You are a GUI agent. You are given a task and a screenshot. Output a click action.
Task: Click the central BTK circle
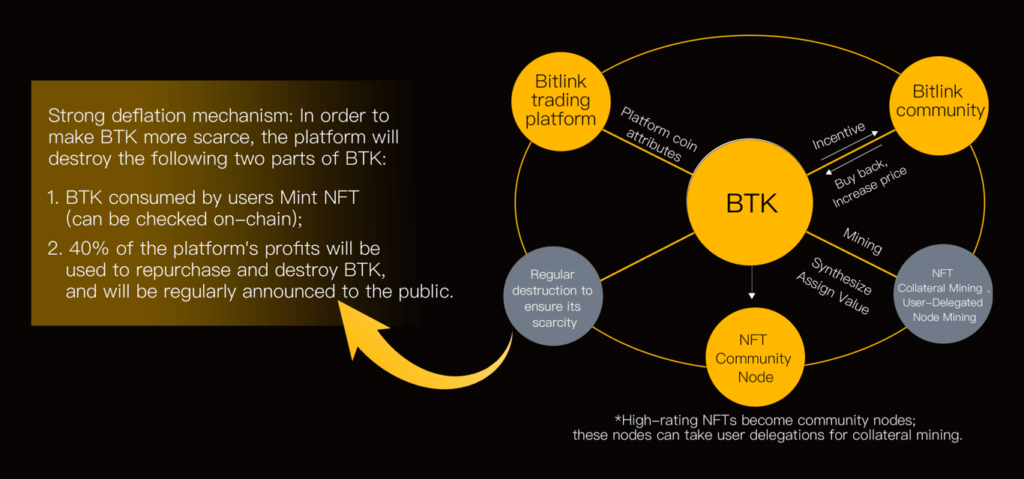pos(750,202)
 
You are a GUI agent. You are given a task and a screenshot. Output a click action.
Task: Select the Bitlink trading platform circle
pos(561,100)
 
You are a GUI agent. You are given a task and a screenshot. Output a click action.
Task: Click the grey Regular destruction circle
pos(553,298)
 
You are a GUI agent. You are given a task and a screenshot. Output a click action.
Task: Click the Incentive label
pos(838,136)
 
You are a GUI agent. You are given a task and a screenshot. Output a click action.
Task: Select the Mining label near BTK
pos(862,241)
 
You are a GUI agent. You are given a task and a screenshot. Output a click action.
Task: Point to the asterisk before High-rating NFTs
pos(618,420)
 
